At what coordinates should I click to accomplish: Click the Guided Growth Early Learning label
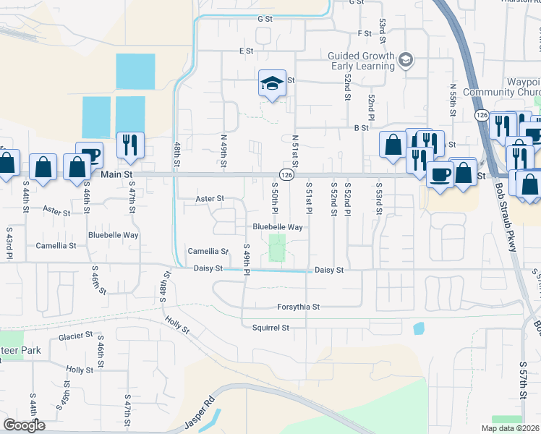(359, 61)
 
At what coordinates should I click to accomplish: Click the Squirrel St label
(270, 328)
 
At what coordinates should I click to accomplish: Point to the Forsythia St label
(298, 307)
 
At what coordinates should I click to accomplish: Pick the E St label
(247, 51)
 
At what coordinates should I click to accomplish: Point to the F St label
(364, 33)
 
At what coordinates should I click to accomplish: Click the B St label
(362, 127)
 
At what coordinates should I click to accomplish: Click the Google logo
(24, 425)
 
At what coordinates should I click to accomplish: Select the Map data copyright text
(508, 428)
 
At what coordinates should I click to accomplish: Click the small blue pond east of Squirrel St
(419, 328)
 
